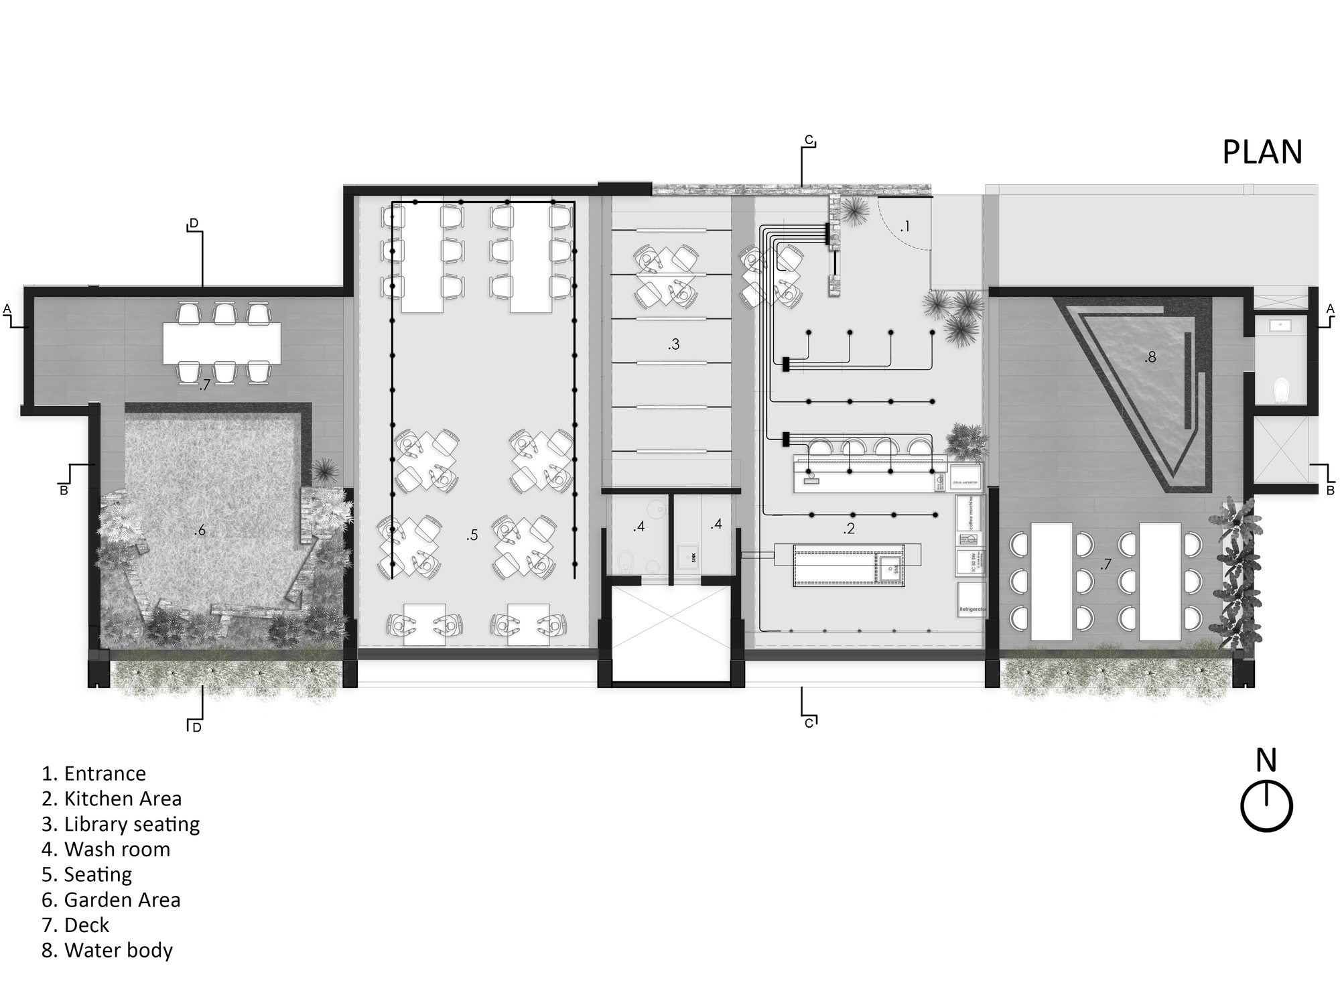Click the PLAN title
coord(1262,153)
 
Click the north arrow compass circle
coord(1266,807)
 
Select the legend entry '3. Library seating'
coord(121,824)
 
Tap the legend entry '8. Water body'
coord(107,950)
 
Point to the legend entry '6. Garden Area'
coord(111,900)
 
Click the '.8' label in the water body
coord(1150,358)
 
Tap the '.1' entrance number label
coord(904,226)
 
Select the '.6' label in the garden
coord(199,531)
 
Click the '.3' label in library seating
coord(673,344)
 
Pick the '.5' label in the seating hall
coord(472,535)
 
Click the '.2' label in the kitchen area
coord(849,529)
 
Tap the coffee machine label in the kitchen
coord(970,513)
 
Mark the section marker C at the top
coord(809,141)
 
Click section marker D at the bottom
coord(196,727)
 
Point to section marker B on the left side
coord(64,490)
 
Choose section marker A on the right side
coord(1330,308)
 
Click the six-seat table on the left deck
coord(222,343)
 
